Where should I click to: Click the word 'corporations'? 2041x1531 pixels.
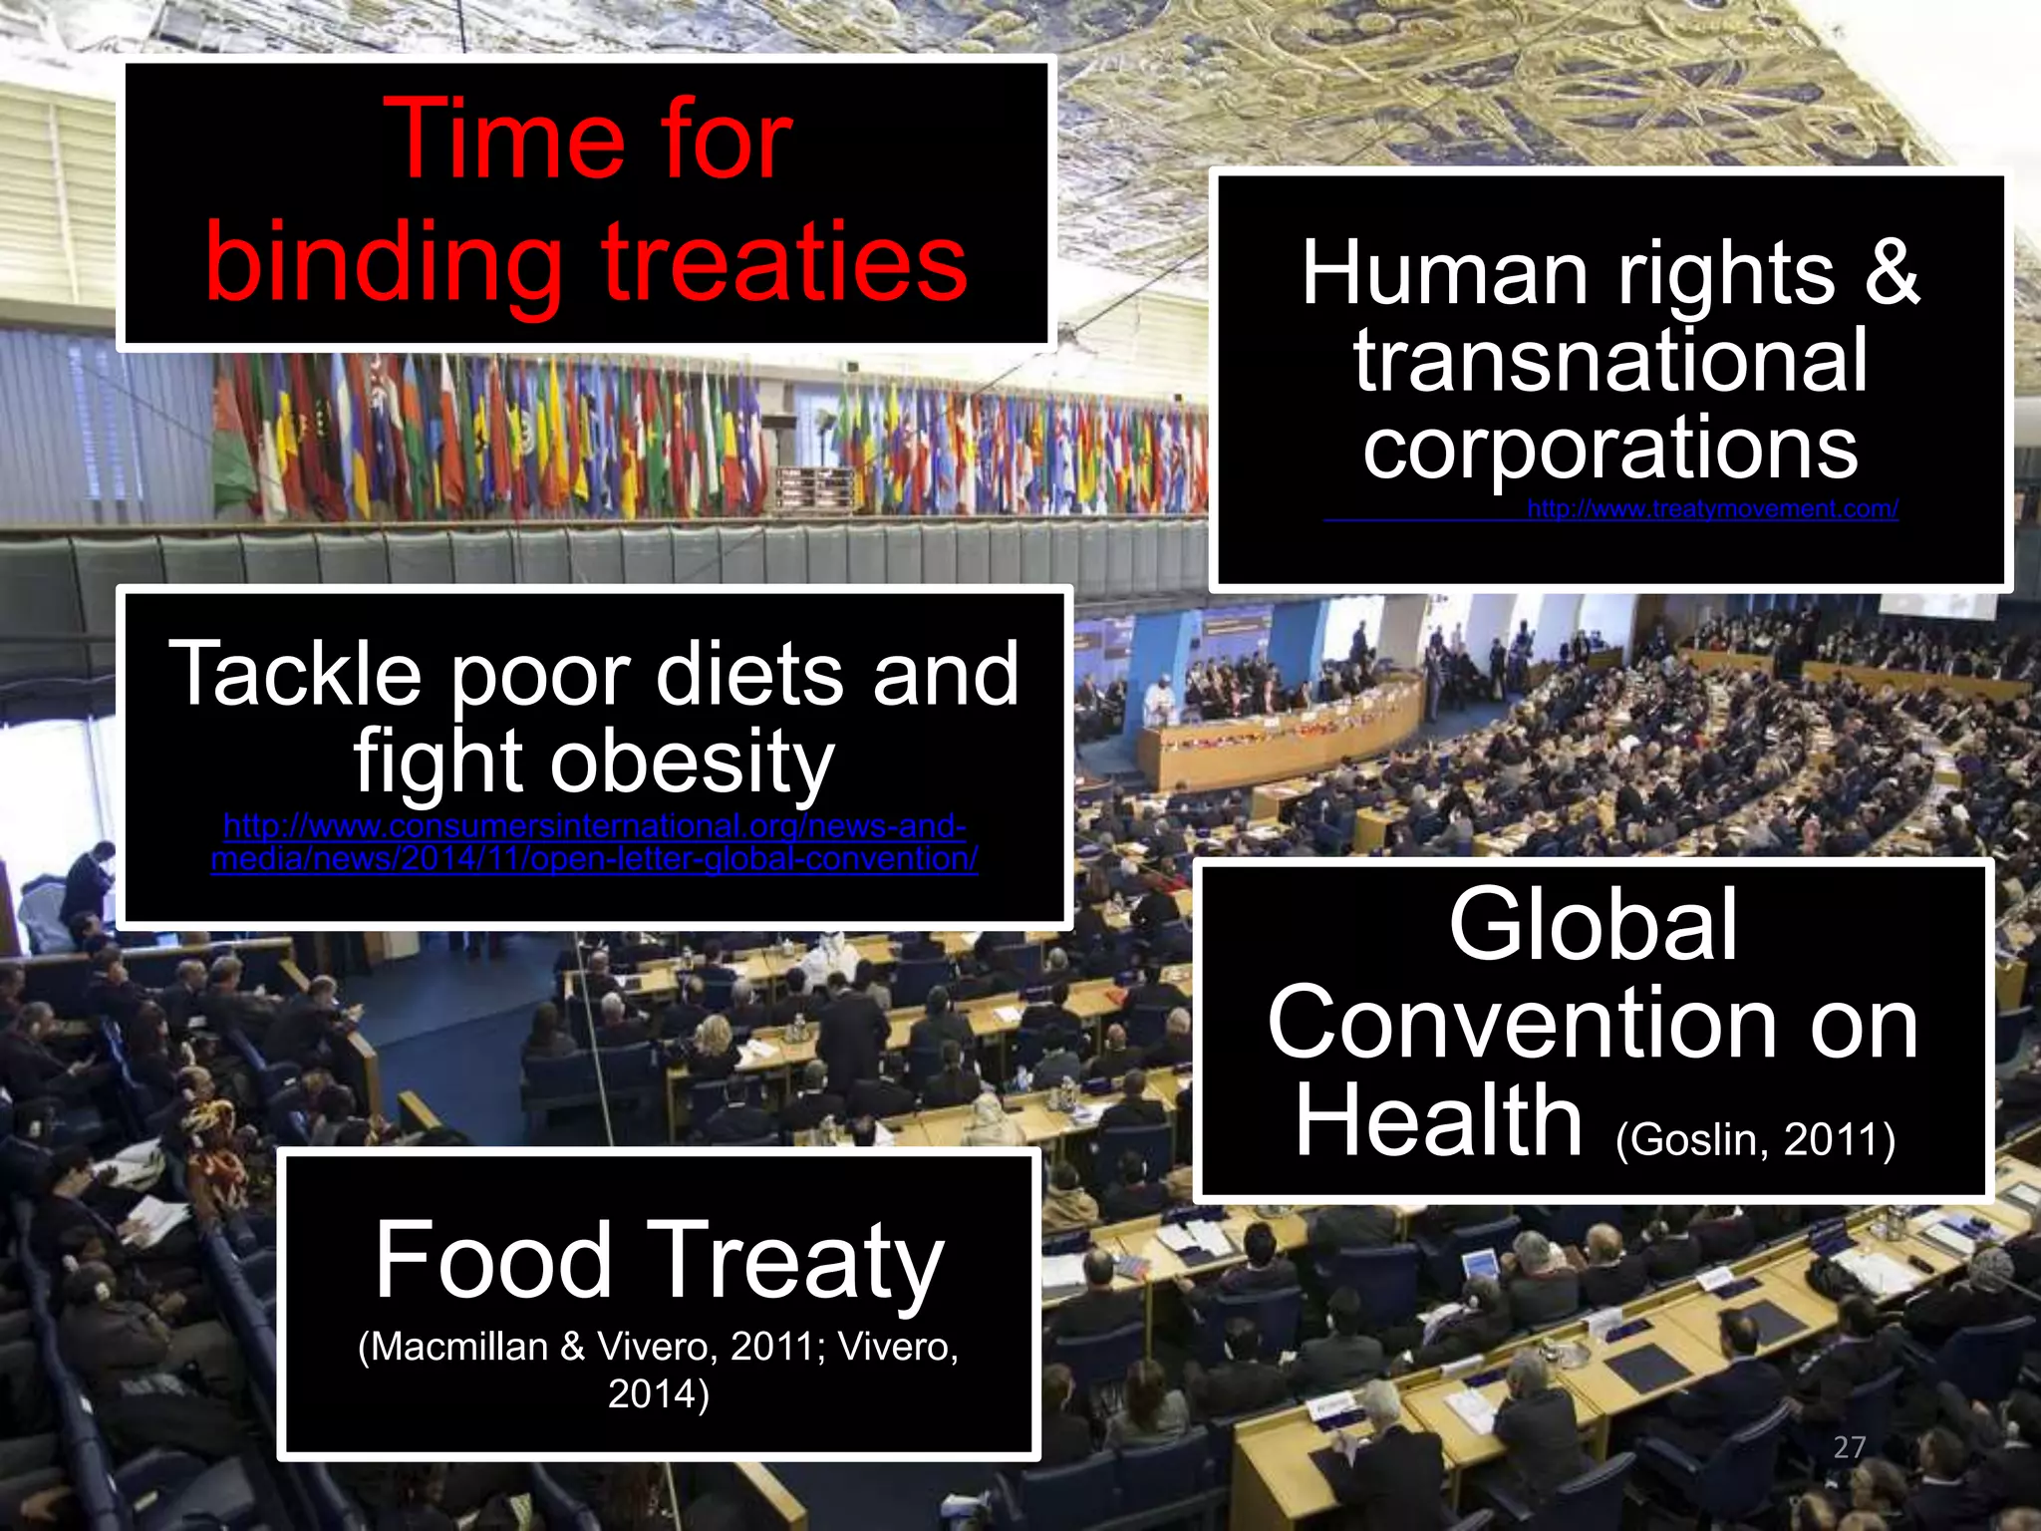[x=1609, y=448]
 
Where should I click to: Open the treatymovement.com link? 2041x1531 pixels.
[x=1712, y=509]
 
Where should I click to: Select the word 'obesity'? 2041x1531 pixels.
[x=693, y=763]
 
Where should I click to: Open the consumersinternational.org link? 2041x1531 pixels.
[x=595, y=842]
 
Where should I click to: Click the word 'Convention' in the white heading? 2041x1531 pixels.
[x=1522, y=1024]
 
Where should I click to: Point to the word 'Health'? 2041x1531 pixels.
[x=1438, y=1121]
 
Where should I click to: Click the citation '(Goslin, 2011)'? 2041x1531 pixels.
[x=1755, y=1139]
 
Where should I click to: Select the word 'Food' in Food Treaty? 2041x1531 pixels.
[x=493, y=1261]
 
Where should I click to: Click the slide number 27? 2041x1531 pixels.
[x=1849, y=1447]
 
